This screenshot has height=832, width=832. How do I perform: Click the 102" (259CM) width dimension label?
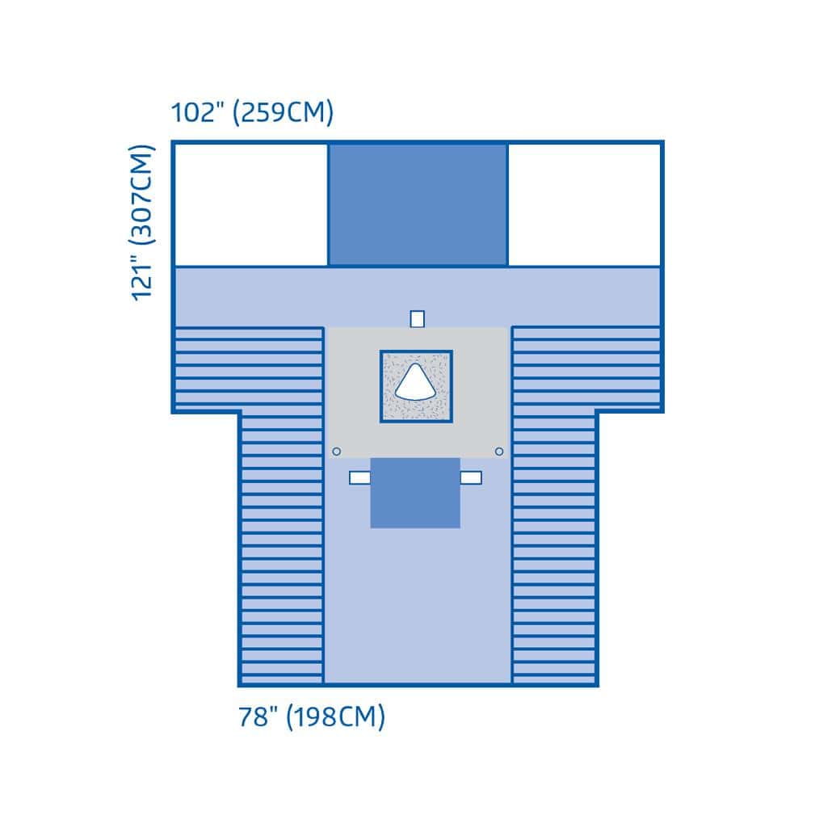[x=252, y=112]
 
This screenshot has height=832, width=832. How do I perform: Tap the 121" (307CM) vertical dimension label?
[x=142, y=223]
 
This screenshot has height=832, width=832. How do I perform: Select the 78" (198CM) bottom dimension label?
[x=312, y=716]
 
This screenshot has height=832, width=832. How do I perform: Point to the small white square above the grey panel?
[x=417, y=319]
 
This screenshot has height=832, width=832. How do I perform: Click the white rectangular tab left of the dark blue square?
[x=359, y=477]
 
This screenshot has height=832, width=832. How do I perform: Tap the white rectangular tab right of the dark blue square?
[x=471, y=477]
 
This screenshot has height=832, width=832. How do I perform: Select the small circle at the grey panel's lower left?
[x=336, y=452]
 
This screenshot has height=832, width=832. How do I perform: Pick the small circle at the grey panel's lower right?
[x=498, y=452]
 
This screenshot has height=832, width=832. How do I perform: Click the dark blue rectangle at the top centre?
[x=418, y=204]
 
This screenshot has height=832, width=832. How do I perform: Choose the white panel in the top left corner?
[x=251, y=204]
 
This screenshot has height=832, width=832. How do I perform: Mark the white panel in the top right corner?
[x=584, y=204]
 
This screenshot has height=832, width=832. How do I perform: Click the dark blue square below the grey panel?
[x=415, y=493]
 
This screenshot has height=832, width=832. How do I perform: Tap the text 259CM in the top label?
[x=284, y=112]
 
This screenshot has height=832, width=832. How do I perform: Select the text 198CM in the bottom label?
[x=335, y=716]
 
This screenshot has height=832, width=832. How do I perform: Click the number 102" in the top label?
[x=197, y=112]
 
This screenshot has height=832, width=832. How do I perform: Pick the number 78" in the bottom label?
[x=258, y=716]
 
